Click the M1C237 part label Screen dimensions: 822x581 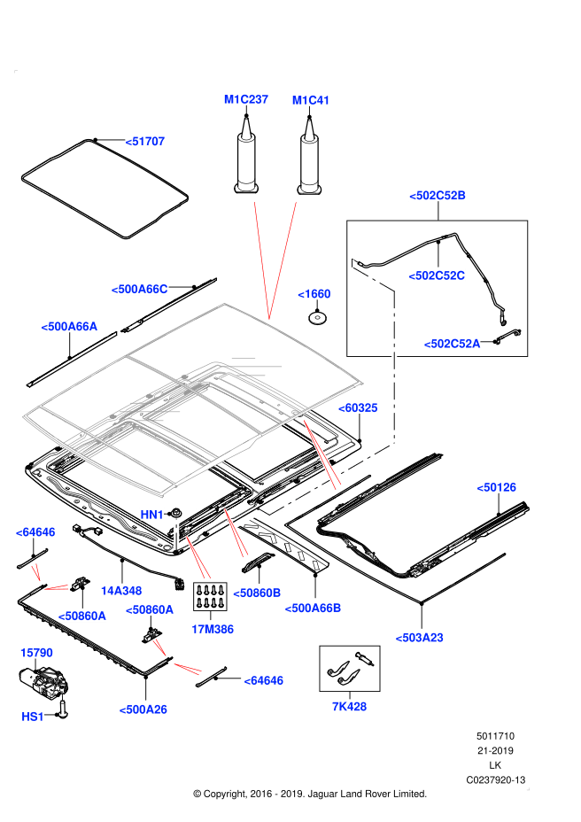coord(246,100)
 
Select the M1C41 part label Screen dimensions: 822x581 coord(311,100)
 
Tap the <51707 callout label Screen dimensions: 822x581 coord(144,141)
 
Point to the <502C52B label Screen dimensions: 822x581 coord(438,195)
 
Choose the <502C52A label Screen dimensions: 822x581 coord(452,344)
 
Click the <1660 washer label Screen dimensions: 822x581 coord(314,294)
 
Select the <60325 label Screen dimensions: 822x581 coord(358,407)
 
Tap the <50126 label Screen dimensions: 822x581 coord(496,487)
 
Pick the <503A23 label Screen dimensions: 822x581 coord(420,636)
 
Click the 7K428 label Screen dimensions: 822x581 coord(349,706)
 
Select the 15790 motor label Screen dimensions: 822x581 coord(36,653)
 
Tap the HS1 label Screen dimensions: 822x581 coord(33,716)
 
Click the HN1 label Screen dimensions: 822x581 coord(152,515)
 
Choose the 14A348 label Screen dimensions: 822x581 coord(120,590)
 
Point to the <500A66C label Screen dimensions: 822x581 coord(139,289)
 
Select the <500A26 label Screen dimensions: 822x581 coord(143,709)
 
